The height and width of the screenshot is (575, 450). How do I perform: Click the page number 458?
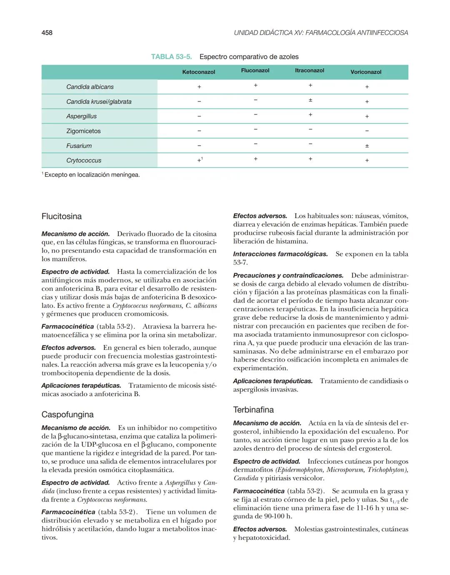pyautogui.click(x=47, y=32)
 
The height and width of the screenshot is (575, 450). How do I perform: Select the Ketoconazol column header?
pyautogui.click(x=199, y=72)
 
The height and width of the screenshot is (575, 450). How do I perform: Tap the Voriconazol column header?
pyautogui.click(x=366, y=72)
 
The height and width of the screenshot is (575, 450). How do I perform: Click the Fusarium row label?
pyautogui.click(x=79, y=146)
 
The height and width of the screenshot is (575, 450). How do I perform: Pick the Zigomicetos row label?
pyautogui.click(x=83, y=131)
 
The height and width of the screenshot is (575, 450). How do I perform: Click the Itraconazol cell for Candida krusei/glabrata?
pyautogui.click(x=310, y=100)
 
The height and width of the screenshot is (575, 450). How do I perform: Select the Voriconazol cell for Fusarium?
pyautogui.click(x=367, y=146)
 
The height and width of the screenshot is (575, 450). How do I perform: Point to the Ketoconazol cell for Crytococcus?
pyautogui.click(x=200, y=160)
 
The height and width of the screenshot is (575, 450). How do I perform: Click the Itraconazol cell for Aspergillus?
pyautogui.click(x=310, y=115)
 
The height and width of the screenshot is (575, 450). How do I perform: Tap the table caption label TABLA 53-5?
pyautogui.click(x=174, y=57)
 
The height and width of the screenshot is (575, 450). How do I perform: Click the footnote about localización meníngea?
pyautogui.click(x=92, y=175)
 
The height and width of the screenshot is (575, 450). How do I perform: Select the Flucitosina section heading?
pyautogui.click(x=62, y=216)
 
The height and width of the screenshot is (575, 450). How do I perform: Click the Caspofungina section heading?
pyautogui.click(x=67, y=415)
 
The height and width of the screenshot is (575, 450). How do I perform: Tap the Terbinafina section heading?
pyautogui.click(x=253, y=410)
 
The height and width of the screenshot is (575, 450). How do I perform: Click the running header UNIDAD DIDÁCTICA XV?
pyautogui.click(x=321, y=32)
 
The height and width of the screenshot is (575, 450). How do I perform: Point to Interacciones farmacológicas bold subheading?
pyautogui.click(x=280, y=254)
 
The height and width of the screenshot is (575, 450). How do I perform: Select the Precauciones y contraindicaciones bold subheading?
pyautogui.click(x=288, y=275)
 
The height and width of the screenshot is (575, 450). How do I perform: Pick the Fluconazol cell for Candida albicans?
pyautogui.click(x=255, y=85)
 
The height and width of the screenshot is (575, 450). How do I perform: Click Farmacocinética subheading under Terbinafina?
pyautogui.click(x=259, y=491)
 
